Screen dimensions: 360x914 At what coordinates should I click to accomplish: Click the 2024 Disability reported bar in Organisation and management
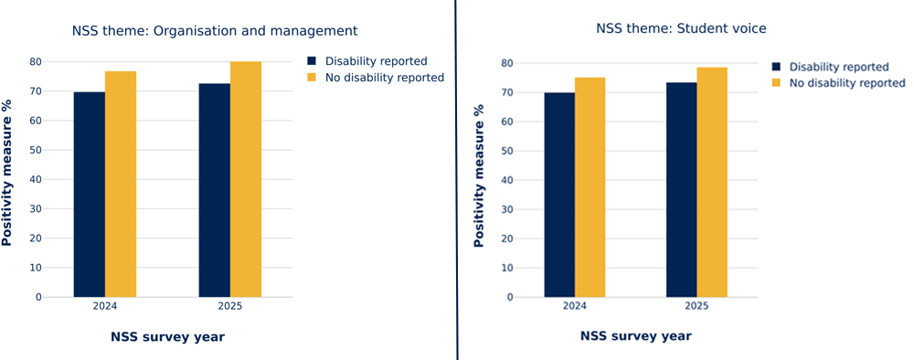pos(89,195)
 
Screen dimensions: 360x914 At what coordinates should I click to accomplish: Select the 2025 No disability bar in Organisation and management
pos(245,179)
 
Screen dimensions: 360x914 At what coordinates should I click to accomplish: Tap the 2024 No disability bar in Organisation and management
pos(121,184)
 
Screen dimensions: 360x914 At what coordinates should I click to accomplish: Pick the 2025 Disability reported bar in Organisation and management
pos(214,190)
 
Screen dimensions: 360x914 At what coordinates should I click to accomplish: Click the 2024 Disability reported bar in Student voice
pos(559,195)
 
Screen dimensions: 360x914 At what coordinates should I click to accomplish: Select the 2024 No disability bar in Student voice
pos(590,187)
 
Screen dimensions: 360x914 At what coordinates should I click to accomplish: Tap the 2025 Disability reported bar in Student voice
pos(681,190)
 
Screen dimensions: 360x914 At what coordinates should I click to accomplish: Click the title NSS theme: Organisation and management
pos(215,31)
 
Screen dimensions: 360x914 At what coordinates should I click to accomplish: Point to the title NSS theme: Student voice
pos(681,28)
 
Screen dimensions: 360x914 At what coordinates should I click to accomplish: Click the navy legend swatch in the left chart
pos(313,61)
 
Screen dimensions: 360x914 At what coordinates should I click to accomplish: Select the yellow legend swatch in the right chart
pos(777,83)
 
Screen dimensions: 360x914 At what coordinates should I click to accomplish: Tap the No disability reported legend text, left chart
pos(384,78)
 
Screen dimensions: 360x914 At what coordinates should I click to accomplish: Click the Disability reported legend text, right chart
pos(838,67)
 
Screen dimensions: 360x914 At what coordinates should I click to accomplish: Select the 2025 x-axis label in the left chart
pos(229,306)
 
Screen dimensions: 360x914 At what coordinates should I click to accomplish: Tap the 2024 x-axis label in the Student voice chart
pos(575,306)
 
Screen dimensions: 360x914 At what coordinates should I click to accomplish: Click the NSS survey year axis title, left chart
pos(167,337)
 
